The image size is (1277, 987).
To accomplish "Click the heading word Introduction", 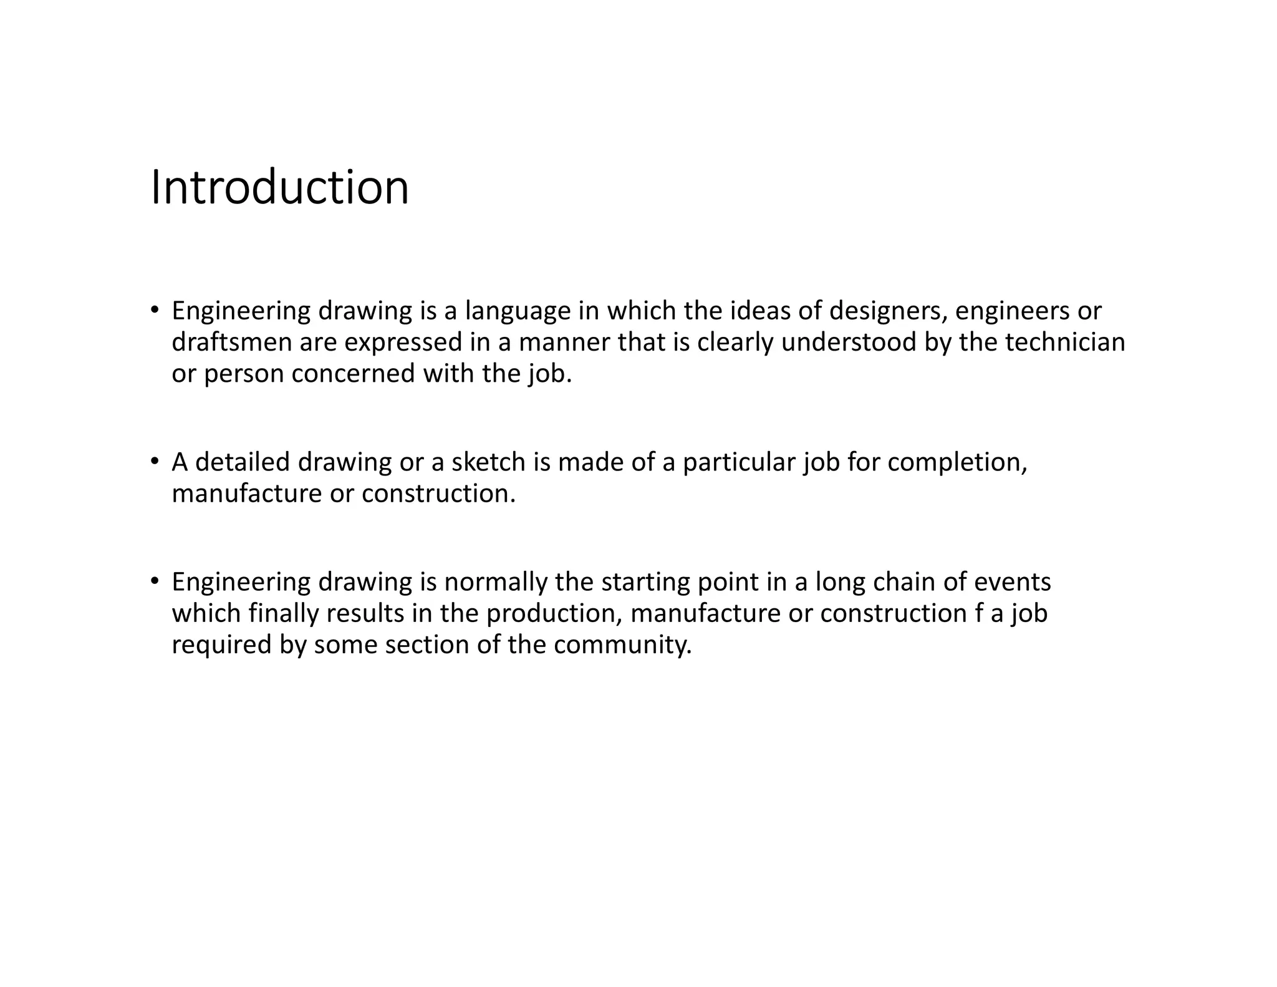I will coord(280,187).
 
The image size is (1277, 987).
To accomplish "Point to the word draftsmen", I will coord(231,343).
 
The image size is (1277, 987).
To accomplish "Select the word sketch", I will coord(488,462).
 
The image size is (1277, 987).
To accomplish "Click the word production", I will coord(554,613).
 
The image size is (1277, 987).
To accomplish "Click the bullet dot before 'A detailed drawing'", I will coord(154,462).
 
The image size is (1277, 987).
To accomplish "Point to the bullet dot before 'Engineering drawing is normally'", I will coord(154,582).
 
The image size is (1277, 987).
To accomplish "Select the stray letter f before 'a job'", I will coord(978,613).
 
